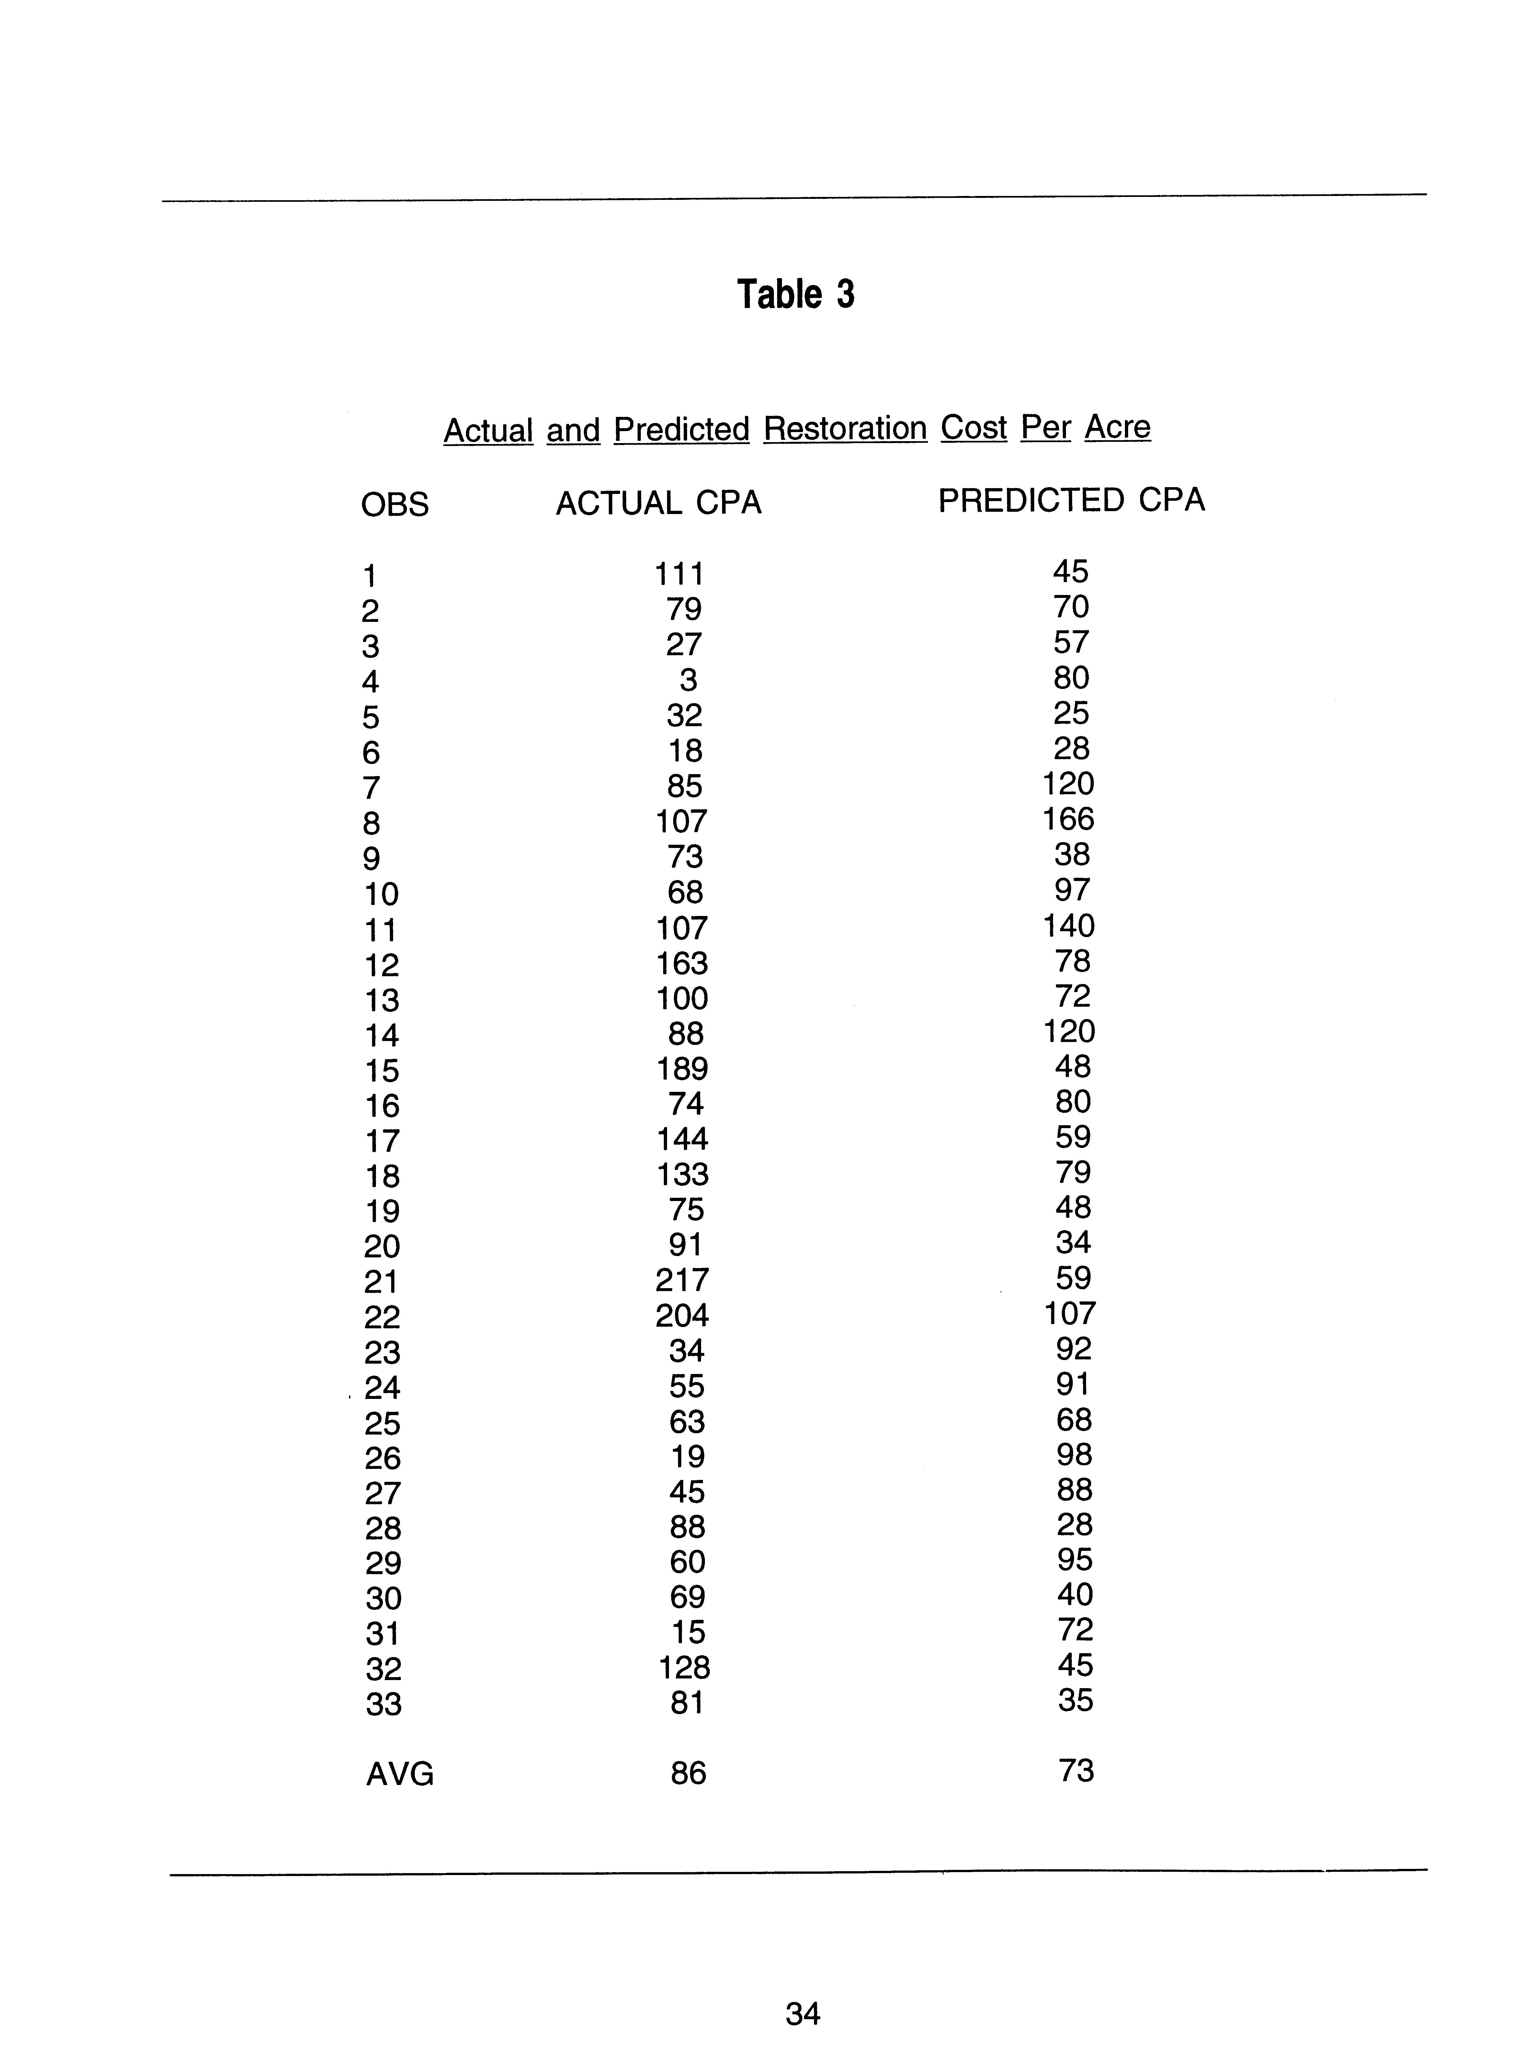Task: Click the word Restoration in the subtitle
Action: point(844,429)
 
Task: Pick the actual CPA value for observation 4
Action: point(688,680)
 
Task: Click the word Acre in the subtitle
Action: point(1117,428)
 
